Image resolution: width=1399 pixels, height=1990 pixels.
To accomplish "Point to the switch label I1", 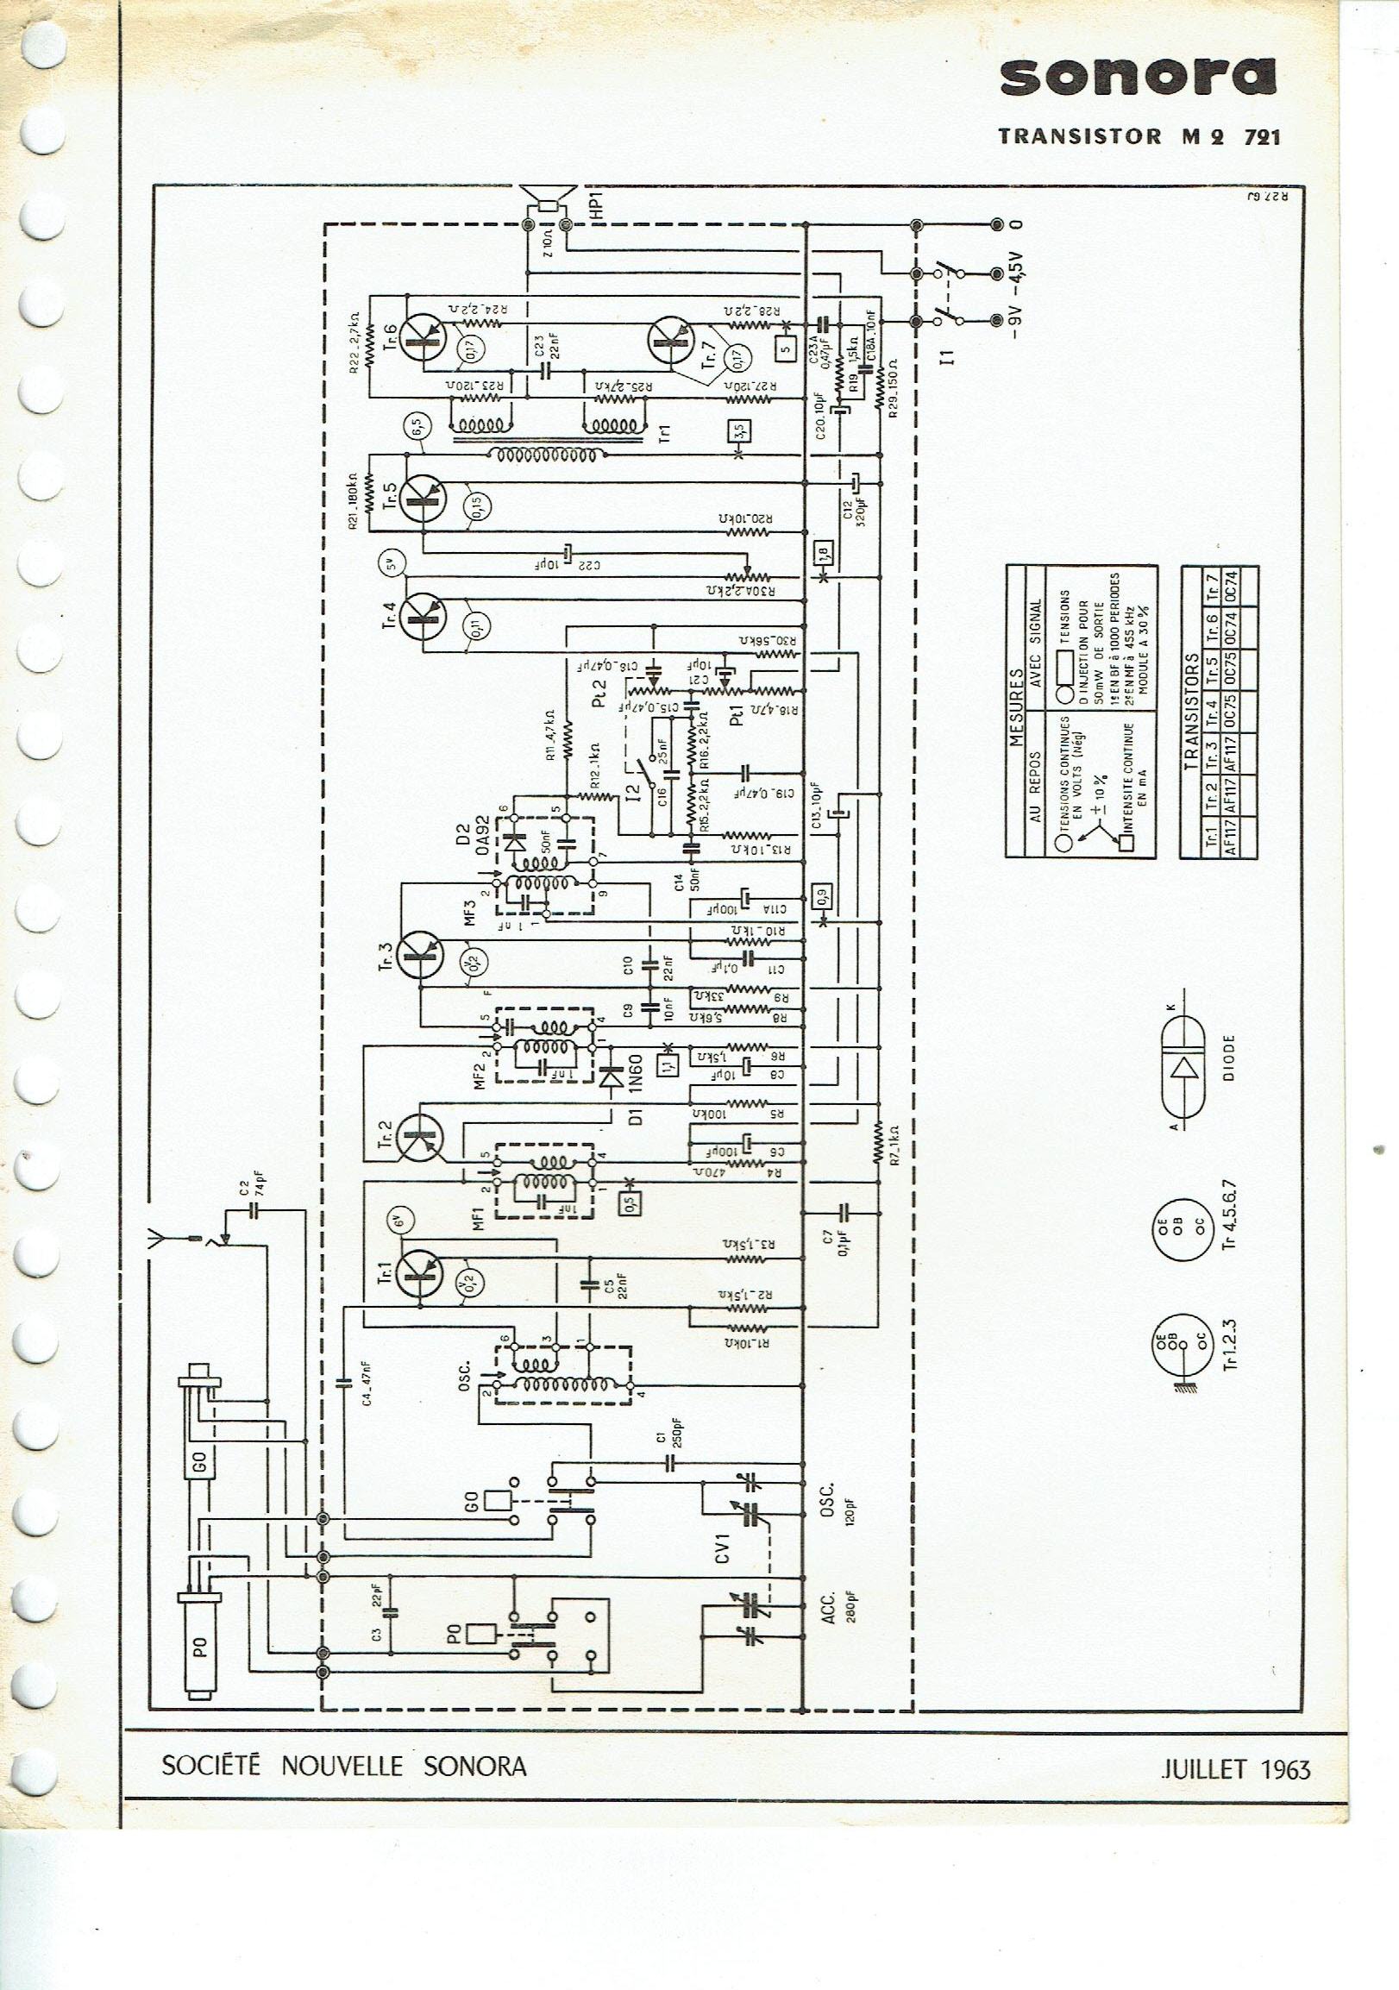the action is point(951,355).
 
